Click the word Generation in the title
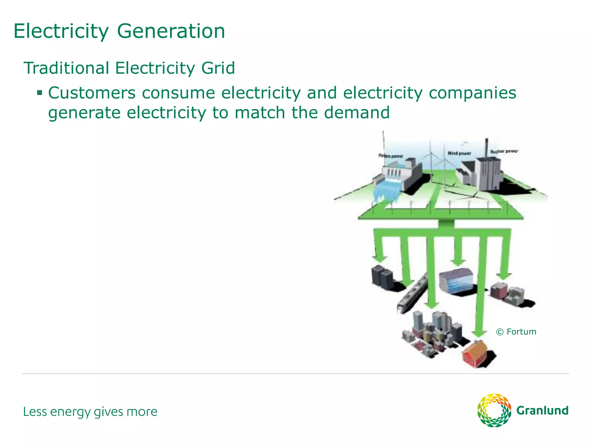click(171, 31)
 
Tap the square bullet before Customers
click(40, 93)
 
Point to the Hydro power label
click(391, 156)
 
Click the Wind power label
click(459, 153)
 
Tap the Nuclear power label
click(504, 151)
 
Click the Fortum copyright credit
click(516, 332)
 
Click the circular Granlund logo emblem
click(494, 410)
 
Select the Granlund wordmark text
click(542, 411)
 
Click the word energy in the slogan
click(70, 412)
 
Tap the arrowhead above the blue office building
click(458, 262)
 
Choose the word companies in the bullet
click(472, 93)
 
